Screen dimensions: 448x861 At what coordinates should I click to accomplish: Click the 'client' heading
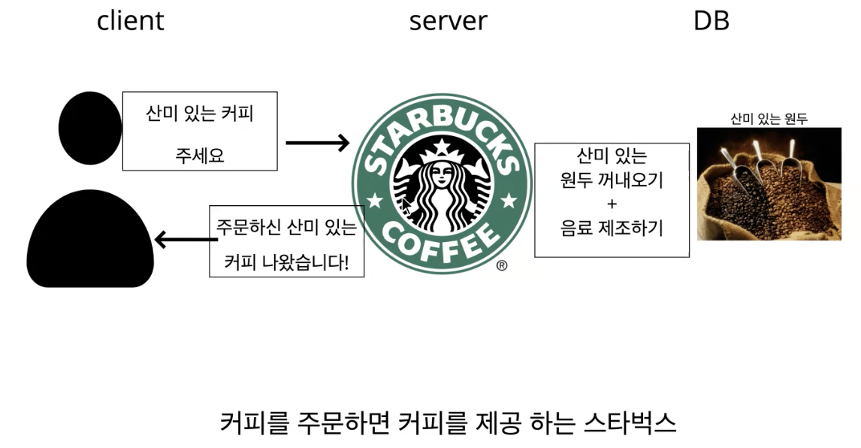point(130,20)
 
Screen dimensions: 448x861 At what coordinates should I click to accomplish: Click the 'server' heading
point(448,20)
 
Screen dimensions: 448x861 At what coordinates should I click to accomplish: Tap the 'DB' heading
point(711,20)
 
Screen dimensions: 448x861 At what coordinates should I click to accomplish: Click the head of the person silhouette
point(90,128)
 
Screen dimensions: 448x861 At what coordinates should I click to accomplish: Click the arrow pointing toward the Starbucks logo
point(317,142)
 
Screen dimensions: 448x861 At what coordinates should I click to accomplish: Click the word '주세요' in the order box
point(200,156)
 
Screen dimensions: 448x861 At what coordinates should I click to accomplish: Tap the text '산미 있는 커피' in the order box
point(200,115)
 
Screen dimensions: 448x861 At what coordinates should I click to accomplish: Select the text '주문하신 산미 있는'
point(286,226)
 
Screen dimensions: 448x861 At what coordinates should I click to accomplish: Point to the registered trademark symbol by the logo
point(502,265)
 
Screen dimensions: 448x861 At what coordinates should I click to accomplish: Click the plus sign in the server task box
point(611,204)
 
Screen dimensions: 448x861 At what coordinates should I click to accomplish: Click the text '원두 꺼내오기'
point(612,180)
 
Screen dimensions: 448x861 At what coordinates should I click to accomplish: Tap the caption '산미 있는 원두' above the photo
point(769,119)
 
